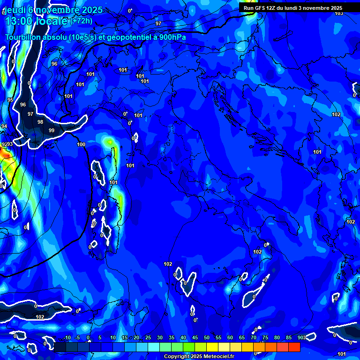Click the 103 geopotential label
click(338, 13)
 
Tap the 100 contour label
click(81, 144)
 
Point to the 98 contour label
click(40, 122)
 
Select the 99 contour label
click(52, 130)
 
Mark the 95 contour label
click(10, 100)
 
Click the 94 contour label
click(4, 126)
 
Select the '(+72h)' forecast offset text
click(82, 21)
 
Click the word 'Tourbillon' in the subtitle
click(25, 37)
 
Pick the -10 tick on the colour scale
click(67, 338)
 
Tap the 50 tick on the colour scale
click(207, 338)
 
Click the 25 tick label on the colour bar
click(148, 338)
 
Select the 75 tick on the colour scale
click(265, 338)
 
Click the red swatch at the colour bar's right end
click(294, 347)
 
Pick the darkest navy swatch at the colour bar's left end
click(60, 347)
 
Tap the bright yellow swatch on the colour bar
click(212, 347)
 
